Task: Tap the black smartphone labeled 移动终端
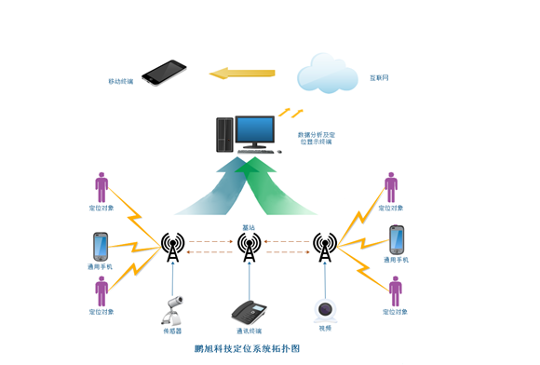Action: [164, 73]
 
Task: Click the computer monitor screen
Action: [255, 130]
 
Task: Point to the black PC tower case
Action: [223, 135]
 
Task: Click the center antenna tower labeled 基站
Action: [248, 247]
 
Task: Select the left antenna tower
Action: [172, 247]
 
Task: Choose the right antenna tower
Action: [324, 247]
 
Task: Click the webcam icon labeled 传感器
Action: [173, 308]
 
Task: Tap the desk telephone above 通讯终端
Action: [248, 310]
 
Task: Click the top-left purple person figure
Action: [101, 186]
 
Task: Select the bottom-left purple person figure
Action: [101, 290]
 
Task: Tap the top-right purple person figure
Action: [391, 186]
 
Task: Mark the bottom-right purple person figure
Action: [396, 291]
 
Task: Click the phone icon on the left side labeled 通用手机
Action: [101, 247]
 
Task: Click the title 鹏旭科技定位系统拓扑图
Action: [248, 348]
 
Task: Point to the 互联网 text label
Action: [379, 79]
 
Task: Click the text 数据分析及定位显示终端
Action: [316, 139]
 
